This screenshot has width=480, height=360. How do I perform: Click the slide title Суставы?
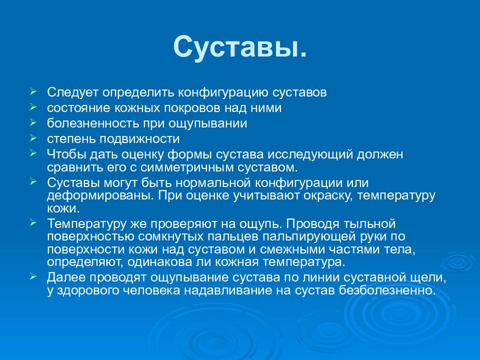pyautogui.click(x=239, y=46)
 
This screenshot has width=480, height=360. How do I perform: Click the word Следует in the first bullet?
pyautogui.click(x=72, y=92)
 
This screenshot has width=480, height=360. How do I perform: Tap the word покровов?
pyautogui.click(x=192, y=108)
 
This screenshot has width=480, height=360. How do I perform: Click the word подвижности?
pyautogui.click(x=140, y=139)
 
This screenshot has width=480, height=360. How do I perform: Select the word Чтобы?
pyautogui.click(x=66, y=154)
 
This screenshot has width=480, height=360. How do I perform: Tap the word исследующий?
pyautogui.click(x=310, y=154)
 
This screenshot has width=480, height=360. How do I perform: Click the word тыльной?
pyautogui.click(x=370, y=224)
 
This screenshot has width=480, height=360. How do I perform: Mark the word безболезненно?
pyautogui.click(x=387, y=290)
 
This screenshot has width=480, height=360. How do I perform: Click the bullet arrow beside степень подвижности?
pyautogui.click(x=33, y=138)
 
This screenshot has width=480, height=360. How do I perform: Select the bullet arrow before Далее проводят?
pyautogui.click(x=33, y=276)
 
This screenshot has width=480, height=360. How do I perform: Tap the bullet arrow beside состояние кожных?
pyautogui.click(x=33, y=107)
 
